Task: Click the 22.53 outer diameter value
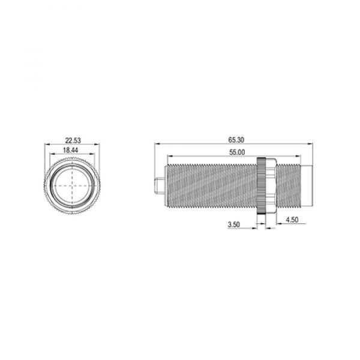click(73, 140)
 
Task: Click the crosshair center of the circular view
click(73, 185)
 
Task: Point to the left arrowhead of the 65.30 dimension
click(157, 144)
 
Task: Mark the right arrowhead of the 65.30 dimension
click(307, 144)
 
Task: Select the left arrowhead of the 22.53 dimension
click(46, 145)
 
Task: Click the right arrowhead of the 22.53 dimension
click(99, 145)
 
